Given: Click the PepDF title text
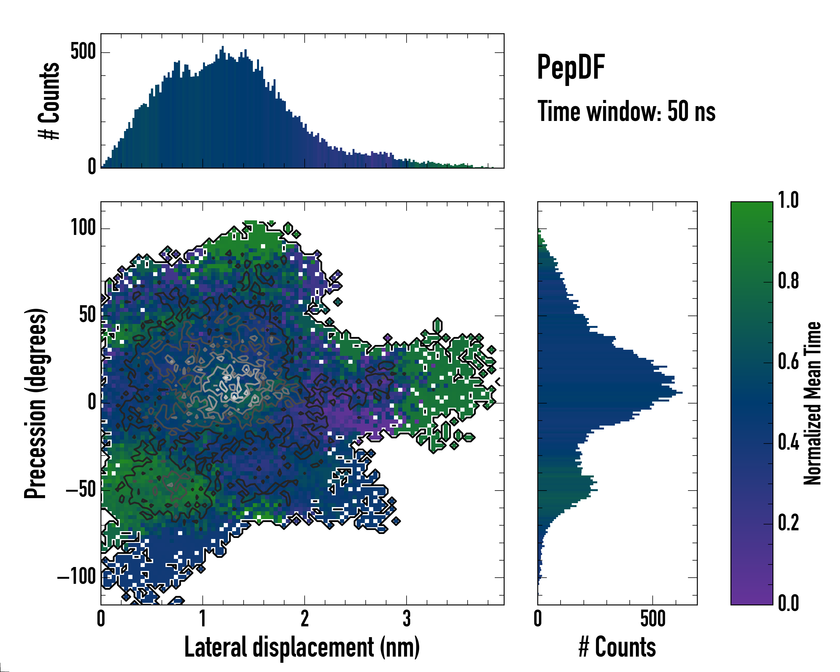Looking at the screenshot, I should point(571,67).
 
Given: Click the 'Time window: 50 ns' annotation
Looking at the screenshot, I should point(626,111).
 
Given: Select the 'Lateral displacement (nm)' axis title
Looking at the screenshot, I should point(302,647).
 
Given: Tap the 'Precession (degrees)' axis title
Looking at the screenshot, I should point(36,403).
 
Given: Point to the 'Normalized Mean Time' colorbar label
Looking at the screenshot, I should point(812,403).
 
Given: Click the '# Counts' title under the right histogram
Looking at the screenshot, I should point(617,647).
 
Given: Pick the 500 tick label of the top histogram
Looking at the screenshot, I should point(83,52).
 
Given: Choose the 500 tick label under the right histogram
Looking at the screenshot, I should point(653,619).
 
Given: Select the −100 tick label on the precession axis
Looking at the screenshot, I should point(77,577).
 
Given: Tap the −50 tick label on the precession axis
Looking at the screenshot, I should point(81,490).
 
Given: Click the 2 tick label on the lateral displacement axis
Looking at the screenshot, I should point(305,619).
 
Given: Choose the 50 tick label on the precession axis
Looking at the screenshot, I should point(88,315).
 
